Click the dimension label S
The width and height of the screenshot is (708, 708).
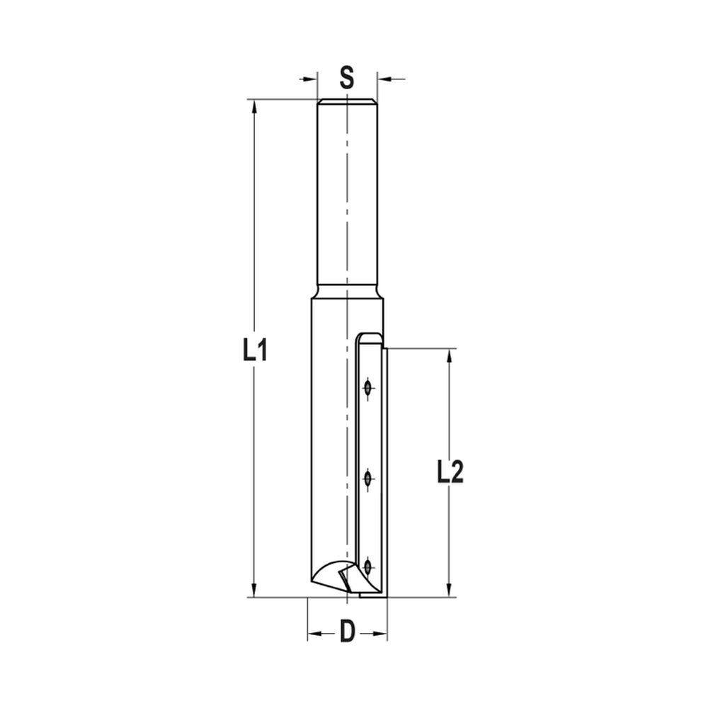pyautogui.click(x=346, y=77)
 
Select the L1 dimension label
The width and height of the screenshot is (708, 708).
pyautogui.click(x=254, y=350)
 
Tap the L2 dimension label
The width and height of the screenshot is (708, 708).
pyautogui.click(x=450, y=472)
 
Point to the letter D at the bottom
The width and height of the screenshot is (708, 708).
pyautogui.click(x=347, y=631)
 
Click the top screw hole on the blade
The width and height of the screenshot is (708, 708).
pyautogui.click(x=367, y=388)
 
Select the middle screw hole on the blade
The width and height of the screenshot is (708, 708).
pyautogui.click(x=367, y=479)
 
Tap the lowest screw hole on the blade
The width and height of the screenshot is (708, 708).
pyautogui.click(x=367, y=566)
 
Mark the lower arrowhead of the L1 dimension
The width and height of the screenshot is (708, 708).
pyautogui.click(x=254, y=592)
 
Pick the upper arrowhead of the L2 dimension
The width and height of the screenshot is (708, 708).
pyautogui.click(x=449, y=354)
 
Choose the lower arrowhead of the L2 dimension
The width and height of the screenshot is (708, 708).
pyautogui.click(x=449, y=592)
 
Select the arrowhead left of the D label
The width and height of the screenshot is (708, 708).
pyautogui.click(x=312, y=632)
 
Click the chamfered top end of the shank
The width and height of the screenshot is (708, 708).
pyautogui.click(x=347, y=102)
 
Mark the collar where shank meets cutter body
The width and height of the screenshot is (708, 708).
pyautogui.click(x=347, y=291)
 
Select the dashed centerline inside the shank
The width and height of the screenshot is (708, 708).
pyautogui.click(x=347, y=198)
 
